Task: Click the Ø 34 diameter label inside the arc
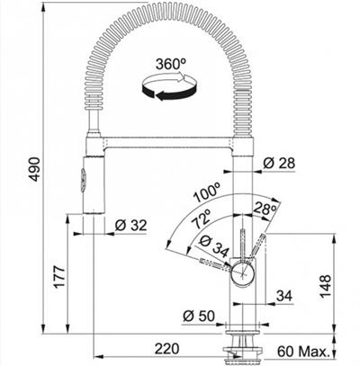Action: click(x=212, y=244)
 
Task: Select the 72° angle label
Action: click(x=199, y=218)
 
